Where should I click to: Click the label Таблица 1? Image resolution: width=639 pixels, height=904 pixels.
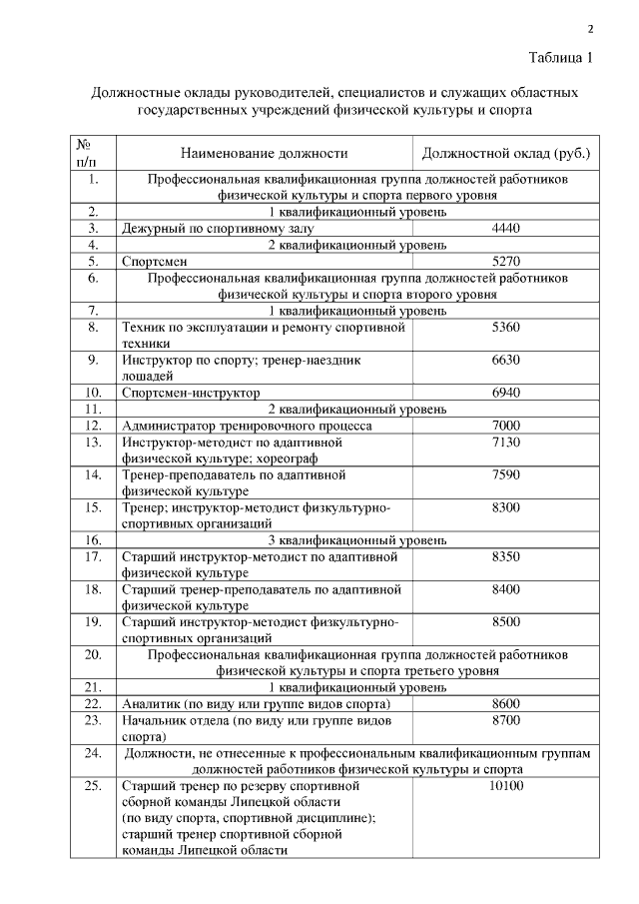point(560,57)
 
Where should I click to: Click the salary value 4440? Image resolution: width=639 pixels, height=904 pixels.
point(506,229)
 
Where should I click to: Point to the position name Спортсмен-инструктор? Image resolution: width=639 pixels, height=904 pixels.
point(190,393)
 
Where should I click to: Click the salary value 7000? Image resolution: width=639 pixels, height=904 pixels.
point(506,426)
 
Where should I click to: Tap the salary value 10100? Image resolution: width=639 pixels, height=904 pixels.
point(506,786)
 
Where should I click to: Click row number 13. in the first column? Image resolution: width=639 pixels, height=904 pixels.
point(93,442)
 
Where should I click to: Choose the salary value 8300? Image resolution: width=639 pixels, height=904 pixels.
point(506,507)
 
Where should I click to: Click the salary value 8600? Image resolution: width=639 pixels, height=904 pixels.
point(506,703)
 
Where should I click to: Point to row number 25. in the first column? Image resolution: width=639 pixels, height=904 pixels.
point(93,786)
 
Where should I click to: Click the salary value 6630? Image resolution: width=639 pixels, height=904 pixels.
point(506,360)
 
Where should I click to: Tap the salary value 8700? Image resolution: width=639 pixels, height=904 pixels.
point(506,719)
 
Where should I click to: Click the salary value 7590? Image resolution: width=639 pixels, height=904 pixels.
point(506,474)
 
